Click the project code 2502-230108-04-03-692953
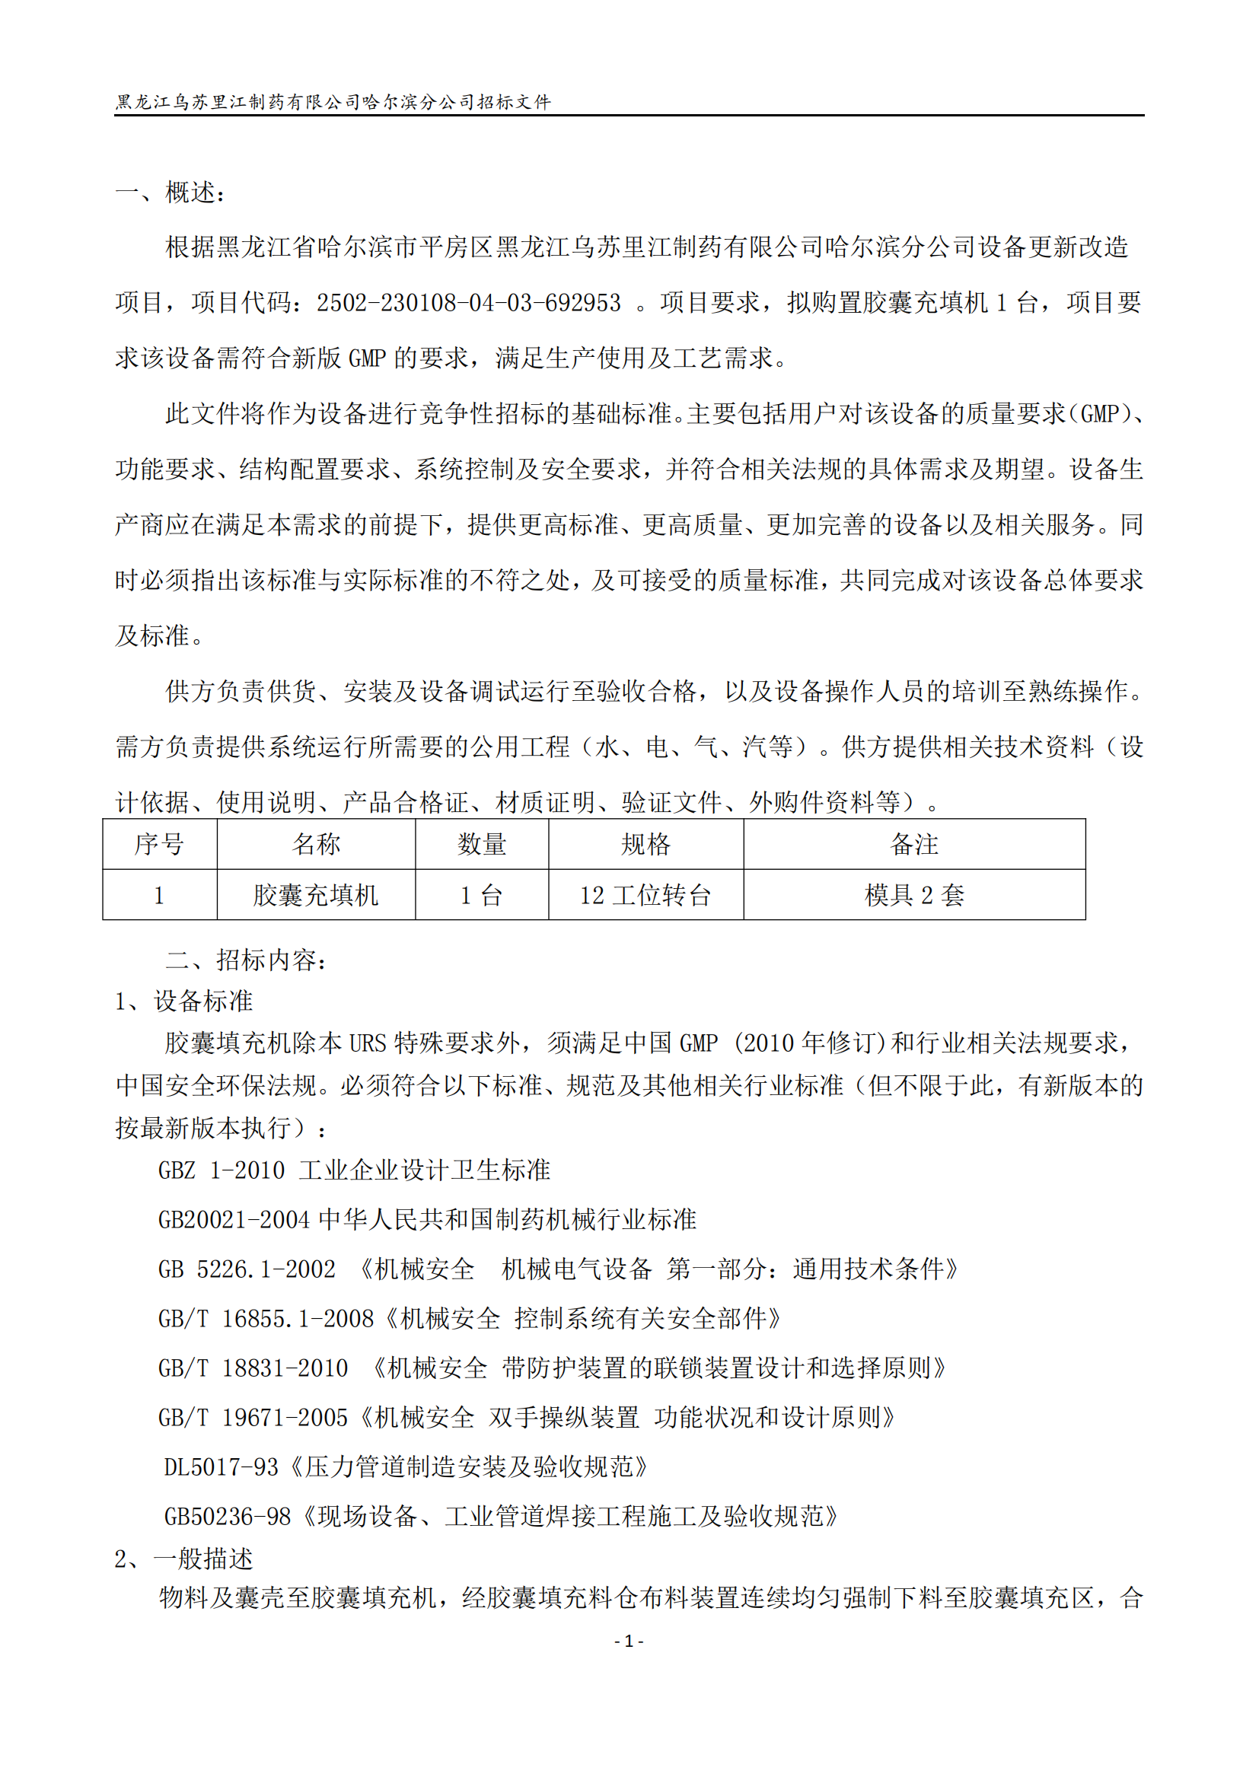pos(468,303)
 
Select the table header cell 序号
pos(159,844)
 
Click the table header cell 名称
pos(316,844)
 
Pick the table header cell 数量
pos(481,844)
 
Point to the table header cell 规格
pos(645,844)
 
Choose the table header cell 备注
pos(914,844)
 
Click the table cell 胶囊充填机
pos(316,896)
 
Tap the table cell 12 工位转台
pos(645,896)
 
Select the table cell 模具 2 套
pos(914,896)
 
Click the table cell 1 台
pos(481,896)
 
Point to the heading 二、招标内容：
pos(247,960)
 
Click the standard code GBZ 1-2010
pos(221,1170)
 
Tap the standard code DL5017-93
pos(221,1467)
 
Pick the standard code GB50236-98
pos(227,1517)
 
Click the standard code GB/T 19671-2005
pos(253,1418)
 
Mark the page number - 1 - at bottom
pos(629,1641)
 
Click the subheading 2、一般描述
pos(183,1559)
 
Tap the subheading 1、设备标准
pos(183,1001)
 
